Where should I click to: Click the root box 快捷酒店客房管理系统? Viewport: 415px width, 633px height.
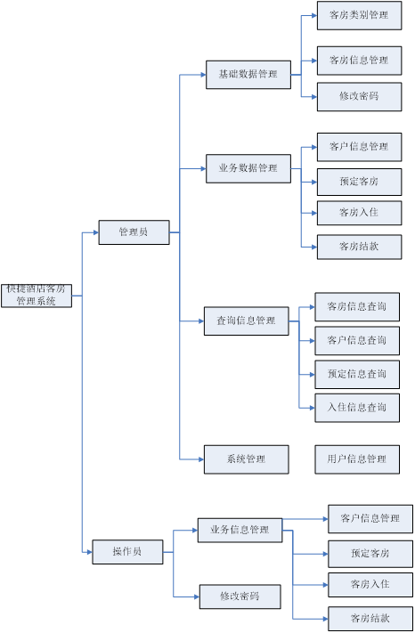point(37,296)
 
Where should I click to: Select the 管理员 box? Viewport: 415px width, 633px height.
point(134,232)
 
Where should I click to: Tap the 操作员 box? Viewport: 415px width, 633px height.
point(127,552)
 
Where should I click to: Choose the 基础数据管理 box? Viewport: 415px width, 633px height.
point(248,75)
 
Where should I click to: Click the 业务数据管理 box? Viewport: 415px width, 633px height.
point(248,168)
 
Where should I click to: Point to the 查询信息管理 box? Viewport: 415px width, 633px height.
point(247,321)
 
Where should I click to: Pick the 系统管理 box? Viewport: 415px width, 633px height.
point(247,459)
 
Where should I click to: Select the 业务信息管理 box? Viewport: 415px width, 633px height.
point(240,530)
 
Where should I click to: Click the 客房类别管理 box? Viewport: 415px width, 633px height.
point(359,15)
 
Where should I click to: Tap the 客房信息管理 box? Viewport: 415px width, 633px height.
point(359,61)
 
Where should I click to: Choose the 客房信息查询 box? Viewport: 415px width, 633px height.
point(357,307)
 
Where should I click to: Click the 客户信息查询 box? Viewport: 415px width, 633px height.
point(357,341)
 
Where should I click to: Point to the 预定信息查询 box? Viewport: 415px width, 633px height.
point(357,375)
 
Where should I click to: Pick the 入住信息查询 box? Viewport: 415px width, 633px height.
point(357,408)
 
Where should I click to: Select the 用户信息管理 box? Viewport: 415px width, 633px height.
point(357,459)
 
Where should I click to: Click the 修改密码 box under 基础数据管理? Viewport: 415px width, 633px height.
point(359,97)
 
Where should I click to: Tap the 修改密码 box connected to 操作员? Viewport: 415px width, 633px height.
point(240,596)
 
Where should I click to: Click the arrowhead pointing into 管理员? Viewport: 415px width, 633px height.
point(96,232)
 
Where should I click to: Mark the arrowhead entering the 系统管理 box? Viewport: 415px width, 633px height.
point(201,459)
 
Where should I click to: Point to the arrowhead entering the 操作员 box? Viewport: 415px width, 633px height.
point(90,552)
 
